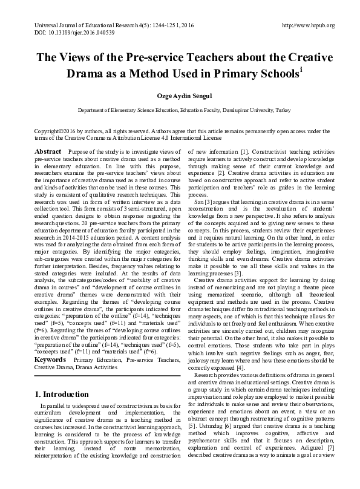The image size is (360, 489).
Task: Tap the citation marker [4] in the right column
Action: pyautogui.click(x=240, y=350)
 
